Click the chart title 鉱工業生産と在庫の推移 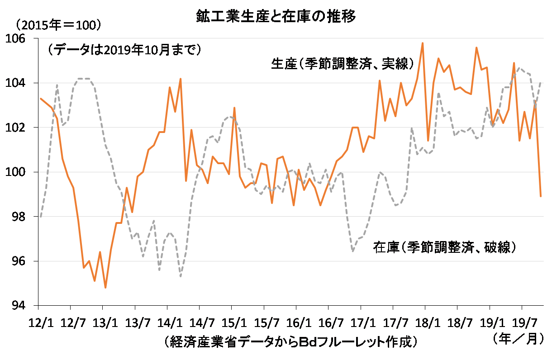[x=276, y=17]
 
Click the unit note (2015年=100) [x=58, y=25]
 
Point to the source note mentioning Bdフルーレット [x=290, y=341]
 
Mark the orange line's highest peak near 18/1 [x=422, y=43]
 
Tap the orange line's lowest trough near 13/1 [x=105, y=288]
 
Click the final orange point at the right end [x=541, y=196]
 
